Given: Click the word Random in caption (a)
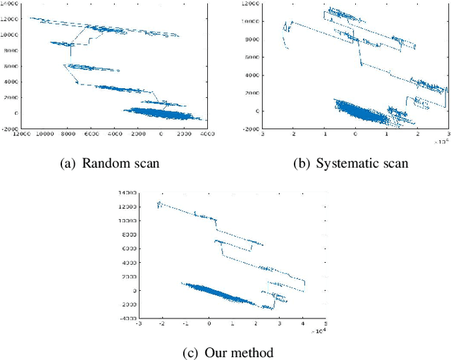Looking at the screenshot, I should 103,163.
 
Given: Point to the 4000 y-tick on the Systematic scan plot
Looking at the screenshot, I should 251,75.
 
